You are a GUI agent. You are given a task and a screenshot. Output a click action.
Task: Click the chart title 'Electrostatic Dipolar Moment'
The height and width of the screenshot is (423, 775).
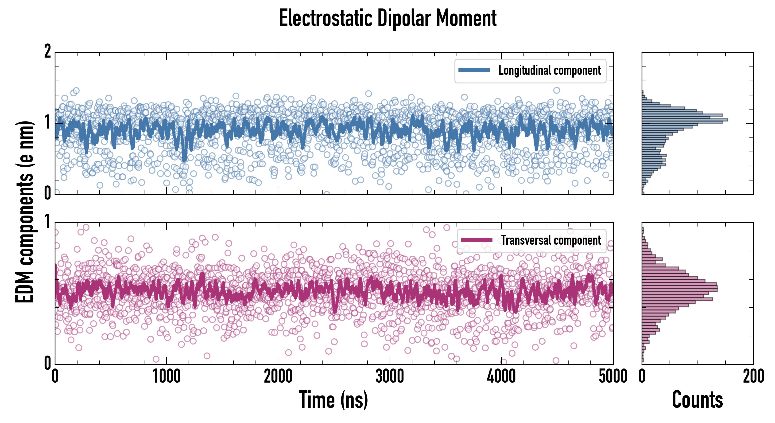click(387, 19)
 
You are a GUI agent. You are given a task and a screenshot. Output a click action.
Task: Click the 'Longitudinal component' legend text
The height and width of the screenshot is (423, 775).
click(549, 70)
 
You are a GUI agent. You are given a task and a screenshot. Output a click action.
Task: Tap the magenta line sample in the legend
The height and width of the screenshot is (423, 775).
click(477, 240)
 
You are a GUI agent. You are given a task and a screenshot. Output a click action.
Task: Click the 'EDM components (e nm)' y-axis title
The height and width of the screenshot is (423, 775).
click(25, 212)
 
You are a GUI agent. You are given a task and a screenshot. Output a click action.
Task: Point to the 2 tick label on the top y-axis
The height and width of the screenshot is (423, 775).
click(47, 52)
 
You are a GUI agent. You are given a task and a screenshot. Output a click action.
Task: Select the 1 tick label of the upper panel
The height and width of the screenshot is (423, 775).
click(47, 122)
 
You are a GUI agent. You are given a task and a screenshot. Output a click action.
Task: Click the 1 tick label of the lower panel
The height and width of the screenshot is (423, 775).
click(47, 222)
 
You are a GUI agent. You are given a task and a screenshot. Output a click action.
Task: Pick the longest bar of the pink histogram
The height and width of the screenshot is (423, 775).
click(680, 289)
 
